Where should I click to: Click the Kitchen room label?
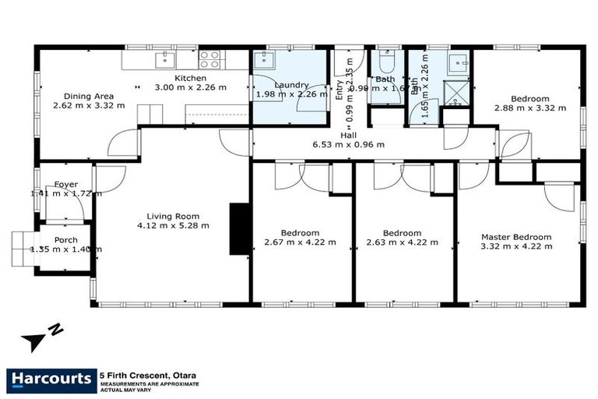click(190, 78)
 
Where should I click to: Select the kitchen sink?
click(165, 59)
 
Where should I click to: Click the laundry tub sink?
click(262, 60)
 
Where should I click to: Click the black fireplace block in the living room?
click(238, 228)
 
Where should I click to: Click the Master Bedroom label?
click(516, 237)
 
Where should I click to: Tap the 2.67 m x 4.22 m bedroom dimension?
click(300, 242)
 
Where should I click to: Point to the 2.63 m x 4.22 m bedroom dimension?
click(402, 242)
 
